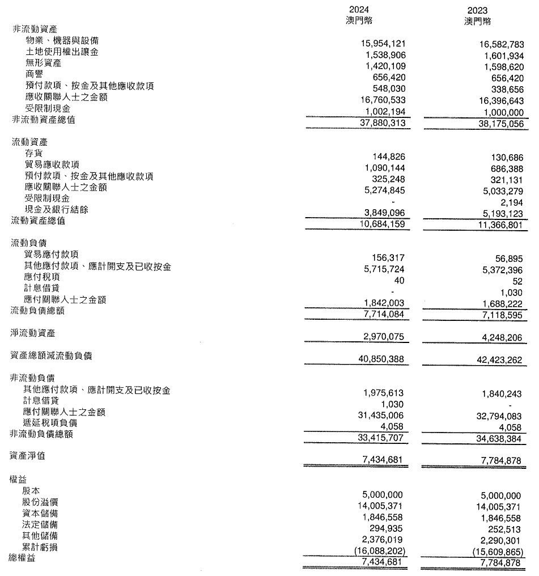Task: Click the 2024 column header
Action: click(360, 10)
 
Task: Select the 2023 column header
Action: click(477, 10)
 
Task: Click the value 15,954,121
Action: click(384, 43)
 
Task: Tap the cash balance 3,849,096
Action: click(385, 210)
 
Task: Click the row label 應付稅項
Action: click(42, 278)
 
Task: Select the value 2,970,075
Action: click(385, 337)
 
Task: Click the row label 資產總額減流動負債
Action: click(52, 356)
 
